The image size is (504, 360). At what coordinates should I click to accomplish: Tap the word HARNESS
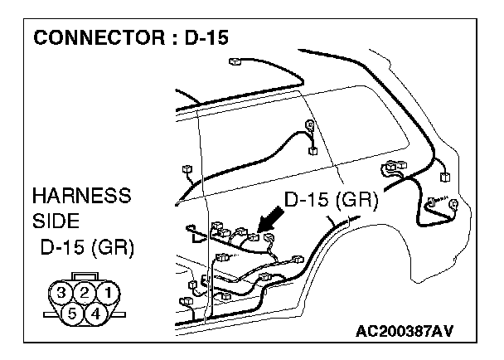click(80, 197)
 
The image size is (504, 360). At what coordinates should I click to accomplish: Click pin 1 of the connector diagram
click(104, 292)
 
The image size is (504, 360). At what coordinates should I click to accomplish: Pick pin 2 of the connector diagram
click(84, 292)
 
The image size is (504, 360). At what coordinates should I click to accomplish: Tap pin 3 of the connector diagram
click(63, 292)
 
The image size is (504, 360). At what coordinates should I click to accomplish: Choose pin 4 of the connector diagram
click(94, 313)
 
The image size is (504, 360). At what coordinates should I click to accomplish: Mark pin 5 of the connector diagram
click(73, 313)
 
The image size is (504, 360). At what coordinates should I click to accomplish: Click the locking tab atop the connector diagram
click(84, 276)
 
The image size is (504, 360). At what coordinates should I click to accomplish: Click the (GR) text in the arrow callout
click(358, 200)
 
